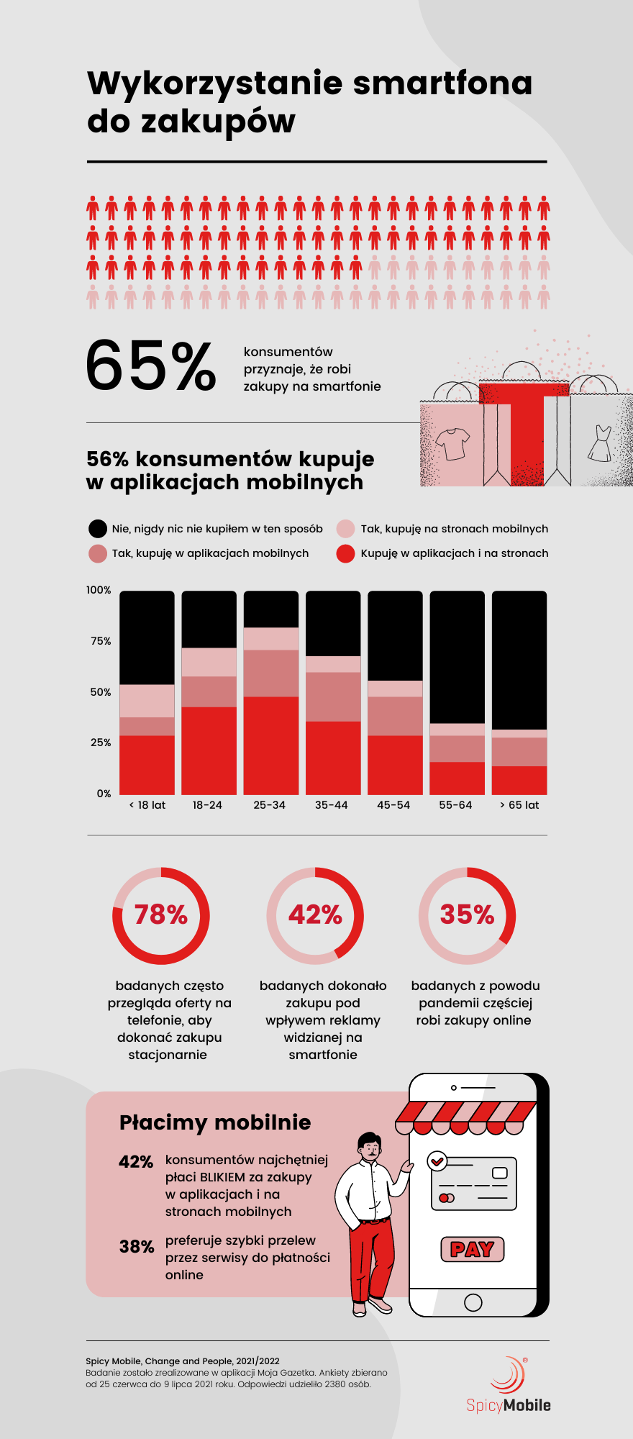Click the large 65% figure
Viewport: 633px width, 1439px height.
click(x=150, y=366)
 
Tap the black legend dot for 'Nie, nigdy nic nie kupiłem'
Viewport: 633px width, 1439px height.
click(x=98, y=529)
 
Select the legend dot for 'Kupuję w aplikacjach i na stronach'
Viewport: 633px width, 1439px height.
click(x=346, y=553)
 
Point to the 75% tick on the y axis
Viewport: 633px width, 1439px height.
click(x=101, y=641)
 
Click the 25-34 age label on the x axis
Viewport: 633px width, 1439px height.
click(x=270, y=805)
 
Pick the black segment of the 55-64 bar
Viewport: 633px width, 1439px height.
click(x=457, y=656)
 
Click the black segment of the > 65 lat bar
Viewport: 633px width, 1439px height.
click(x=519, y=660)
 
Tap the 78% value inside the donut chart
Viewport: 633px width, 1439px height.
click(x=161, y=914)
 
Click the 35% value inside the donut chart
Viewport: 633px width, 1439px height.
click(x=468, y=914)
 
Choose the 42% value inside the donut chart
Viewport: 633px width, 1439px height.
click(x=315, y=914)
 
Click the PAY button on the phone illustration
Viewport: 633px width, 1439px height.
click(x=472, y=1249)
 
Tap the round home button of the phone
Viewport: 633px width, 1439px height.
click(x=473, y=1302)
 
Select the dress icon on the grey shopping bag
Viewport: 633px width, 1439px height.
click(x=599, y=443)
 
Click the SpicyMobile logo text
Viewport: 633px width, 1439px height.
click(x=509, y=1404)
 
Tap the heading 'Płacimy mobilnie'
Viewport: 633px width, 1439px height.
click(x=215, y=1122)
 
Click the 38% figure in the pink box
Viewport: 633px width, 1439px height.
click(x=137, y=1247)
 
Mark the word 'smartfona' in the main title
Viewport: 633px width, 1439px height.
click(x=442, y=83)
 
